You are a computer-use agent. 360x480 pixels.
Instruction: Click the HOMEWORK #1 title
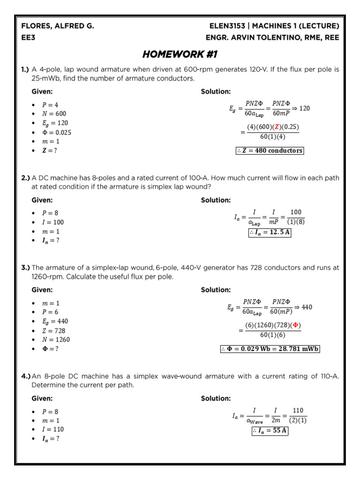(x=180, y=54)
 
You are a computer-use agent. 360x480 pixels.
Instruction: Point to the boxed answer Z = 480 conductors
(x=270, y=150)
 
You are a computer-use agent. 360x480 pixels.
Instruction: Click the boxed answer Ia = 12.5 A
(x=270, y=233)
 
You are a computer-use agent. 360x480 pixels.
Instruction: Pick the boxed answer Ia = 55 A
(x=270, y=430)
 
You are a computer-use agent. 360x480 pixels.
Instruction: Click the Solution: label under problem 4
(x=216, y=398)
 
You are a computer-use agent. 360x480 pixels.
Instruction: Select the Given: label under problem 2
(x=42, y=200)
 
